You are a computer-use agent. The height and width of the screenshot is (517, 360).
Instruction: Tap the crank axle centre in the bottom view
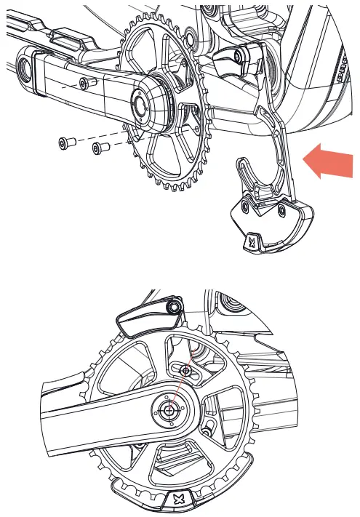(169, 411)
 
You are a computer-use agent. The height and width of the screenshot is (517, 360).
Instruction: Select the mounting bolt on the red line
(187, 371)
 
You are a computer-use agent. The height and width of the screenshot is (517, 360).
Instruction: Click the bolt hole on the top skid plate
(245, 207)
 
